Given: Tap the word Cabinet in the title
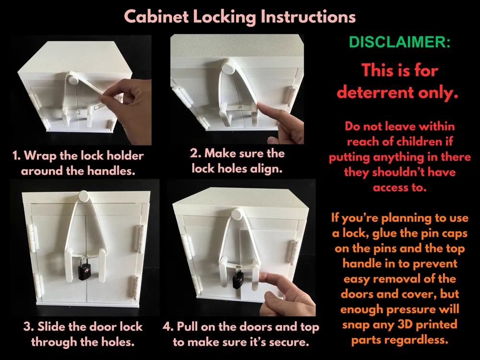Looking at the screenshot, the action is (x=156, y=16).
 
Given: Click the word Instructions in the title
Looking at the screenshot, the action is (x=308, y=16).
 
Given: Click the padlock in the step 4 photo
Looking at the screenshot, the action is (x=238, y=278).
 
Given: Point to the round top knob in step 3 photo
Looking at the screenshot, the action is (x=84, y=196).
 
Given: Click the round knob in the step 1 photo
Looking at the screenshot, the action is (x=73, y=80).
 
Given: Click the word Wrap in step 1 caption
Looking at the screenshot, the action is (x=40, y=156).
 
